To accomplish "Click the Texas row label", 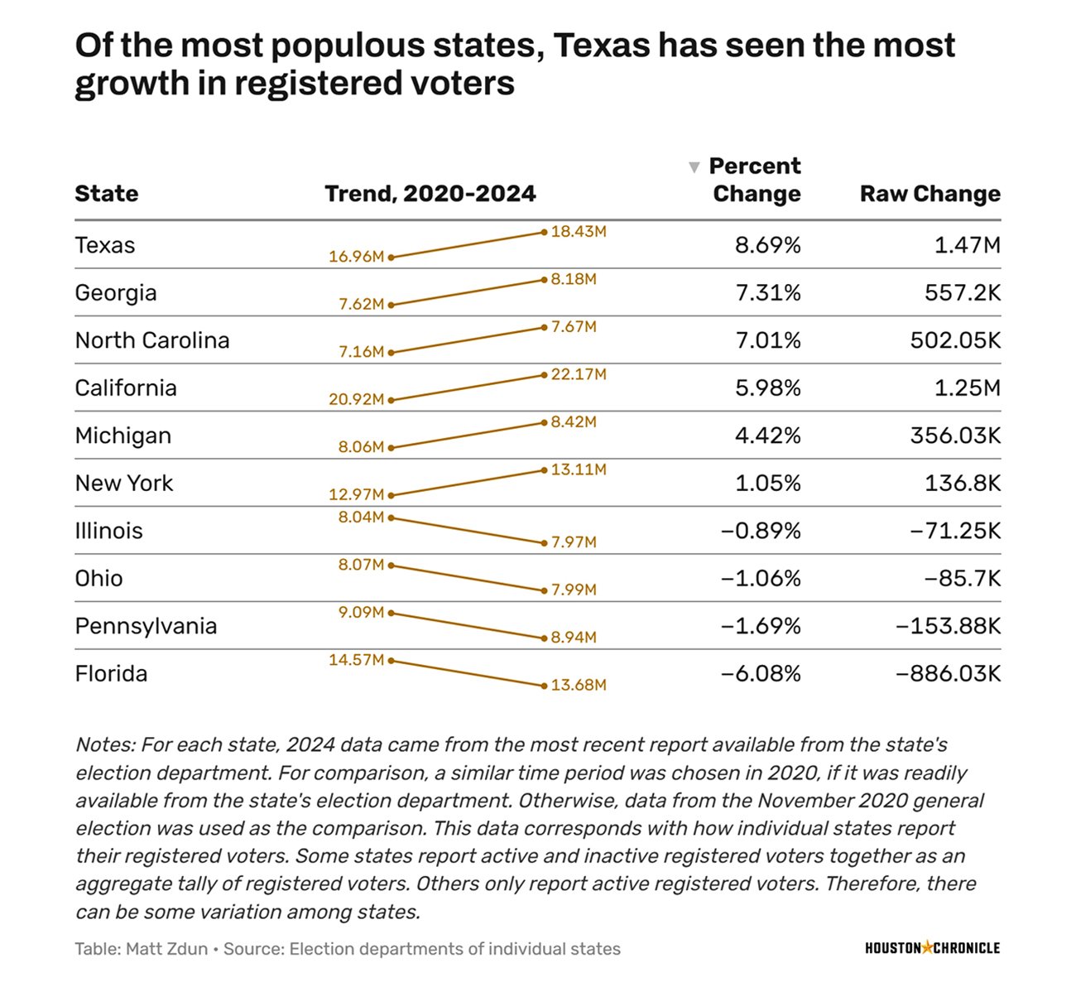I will pyautogui.click(x=105, y=245).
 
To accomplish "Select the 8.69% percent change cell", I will pyautogui.click(x=767, y=245).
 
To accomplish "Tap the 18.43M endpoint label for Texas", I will pyautogui.click(x=579, y=232).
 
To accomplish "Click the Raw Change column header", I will pyautogui.click(x=929, y=194).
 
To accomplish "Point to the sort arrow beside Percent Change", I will pyautogui.click(x=694, y=167).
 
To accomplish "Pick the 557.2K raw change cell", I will pyautogui.click(x=962, y=292).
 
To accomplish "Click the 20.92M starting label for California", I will pyautogui.click(x=356, y=400).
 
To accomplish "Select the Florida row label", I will pyautogui.click(x=111, y=673).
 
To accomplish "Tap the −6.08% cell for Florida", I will pyautogui.click(x=761, y=673).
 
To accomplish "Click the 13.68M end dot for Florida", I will pyautogui.click(x=544, y=686).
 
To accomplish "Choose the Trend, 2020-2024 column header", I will pyautogui.click(x=430, y=194).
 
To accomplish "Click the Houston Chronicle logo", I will pyautogui.click(x=932, y=948).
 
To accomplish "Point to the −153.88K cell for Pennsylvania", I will pyautogui.click(x=948, y=626).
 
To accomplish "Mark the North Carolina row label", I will pyautogui.click(x=152, y=340).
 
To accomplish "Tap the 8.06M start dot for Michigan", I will pyautogui.click(x=391, y=448).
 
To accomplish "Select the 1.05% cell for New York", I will pyautogui.click(x=767, y=483).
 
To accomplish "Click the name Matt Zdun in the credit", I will pyautogui.click(x=166, y=949).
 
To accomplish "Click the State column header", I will pyautogui.click(x=107, y=194).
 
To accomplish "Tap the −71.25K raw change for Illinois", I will pyautogui.click(x=954, y=531).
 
